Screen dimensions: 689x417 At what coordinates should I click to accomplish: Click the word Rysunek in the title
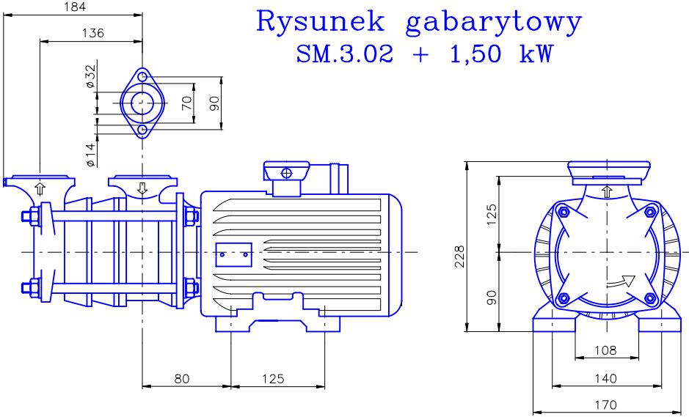[x=321, y=21]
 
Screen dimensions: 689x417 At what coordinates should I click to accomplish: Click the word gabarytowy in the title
[x=494, y=23]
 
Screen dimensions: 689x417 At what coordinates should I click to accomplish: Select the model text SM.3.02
[x=345, y=54]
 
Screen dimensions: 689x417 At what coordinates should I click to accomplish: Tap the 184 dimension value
[x=75, y=7]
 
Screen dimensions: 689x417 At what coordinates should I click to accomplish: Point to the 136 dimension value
[x=93, y=33]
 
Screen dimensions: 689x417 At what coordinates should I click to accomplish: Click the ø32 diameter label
[x=90, y=76]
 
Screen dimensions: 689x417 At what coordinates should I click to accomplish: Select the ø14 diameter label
[x=90, y=155]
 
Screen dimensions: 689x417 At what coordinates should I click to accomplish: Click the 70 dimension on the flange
[x=187, y=103]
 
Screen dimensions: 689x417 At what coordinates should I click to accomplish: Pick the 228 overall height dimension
[x=459, y=257]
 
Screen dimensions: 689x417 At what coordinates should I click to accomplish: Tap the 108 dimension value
[x=605, y=350]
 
